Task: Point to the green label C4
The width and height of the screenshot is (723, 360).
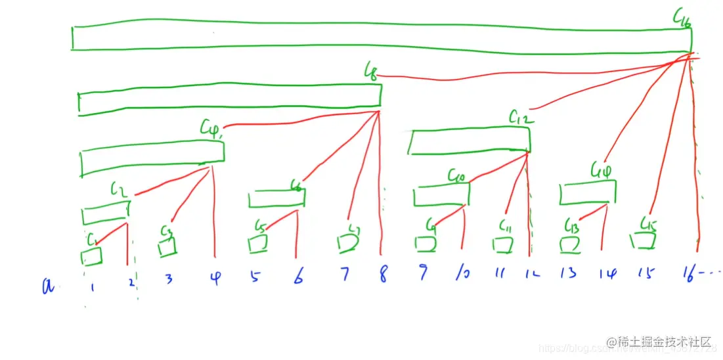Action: [211, 127]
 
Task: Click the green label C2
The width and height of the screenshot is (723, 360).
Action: [118, 191]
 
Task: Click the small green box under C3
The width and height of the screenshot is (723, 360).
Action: [168, 248]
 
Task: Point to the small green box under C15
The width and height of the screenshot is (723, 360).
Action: [643, 242]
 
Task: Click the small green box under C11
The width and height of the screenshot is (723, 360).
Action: [504, 245]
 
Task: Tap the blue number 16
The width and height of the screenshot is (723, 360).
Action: [691, 272]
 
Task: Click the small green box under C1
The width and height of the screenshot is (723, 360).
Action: [91, 256]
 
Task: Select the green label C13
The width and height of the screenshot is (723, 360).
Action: [571, 227]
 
